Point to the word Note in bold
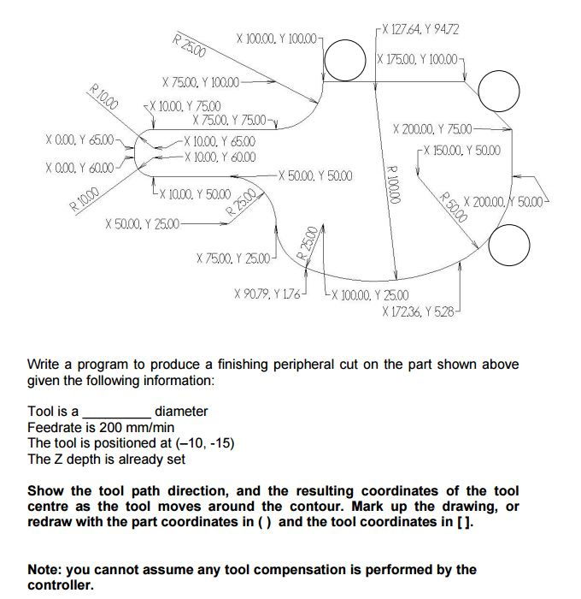click(x=45, y=569)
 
